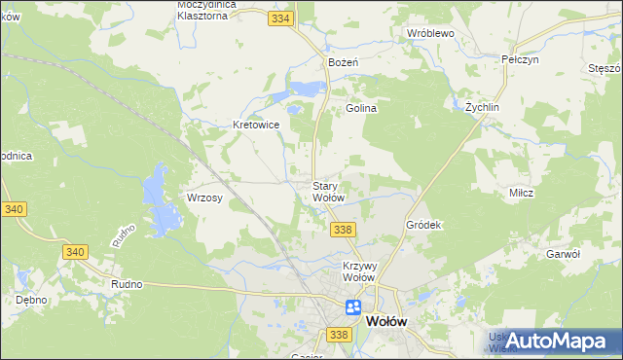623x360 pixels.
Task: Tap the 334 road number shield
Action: tap(281, 18)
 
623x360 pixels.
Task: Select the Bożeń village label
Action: tap(344, 62)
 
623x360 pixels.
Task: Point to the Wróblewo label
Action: tap(430, 32)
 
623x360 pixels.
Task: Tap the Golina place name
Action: tap(361, 109)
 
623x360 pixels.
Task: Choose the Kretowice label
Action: tap(257, 125)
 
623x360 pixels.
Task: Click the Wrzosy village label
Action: tap(205, 198)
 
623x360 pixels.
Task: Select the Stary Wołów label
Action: tap(328, 191)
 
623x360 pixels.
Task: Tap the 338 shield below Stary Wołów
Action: tap(342, 230)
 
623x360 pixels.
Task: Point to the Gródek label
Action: tap(423, 225)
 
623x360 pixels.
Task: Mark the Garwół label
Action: tap(564, 253)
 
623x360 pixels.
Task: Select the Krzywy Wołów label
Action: tap(359, 271)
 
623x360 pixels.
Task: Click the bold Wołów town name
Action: tap(386, 321)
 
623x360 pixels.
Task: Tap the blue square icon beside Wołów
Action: tap(352, 308)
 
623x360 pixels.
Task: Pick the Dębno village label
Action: tap(32, 300)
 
